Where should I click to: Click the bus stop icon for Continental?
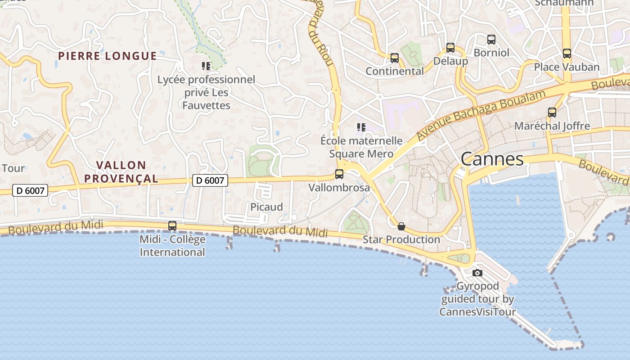point(395,58)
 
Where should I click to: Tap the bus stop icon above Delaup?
point(450,48)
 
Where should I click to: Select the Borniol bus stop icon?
point(491,40)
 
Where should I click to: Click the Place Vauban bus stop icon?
point(567,54)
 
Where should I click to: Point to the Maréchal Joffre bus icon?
point(552,112)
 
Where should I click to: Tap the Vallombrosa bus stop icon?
point(339,174)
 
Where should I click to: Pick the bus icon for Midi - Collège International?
point(172,226)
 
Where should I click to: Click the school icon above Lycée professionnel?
point(206,67)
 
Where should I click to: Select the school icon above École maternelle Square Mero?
point(361,127)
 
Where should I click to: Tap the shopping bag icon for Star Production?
point(401,226)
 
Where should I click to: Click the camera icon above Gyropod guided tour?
point(477,273)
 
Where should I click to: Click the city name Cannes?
point(492,159)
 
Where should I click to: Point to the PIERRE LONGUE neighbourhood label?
point(108,56)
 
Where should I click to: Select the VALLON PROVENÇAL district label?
point(121,172)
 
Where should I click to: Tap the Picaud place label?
point(267,207)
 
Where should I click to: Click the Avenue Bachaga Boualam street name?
point(481,114)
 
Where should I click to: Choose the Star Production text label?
point(401,239)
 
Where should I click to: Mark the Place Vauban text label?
point(567,67)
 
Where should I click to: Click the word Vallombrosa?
point(339,188)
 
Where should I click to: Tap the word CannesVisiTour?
point(477,312)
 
